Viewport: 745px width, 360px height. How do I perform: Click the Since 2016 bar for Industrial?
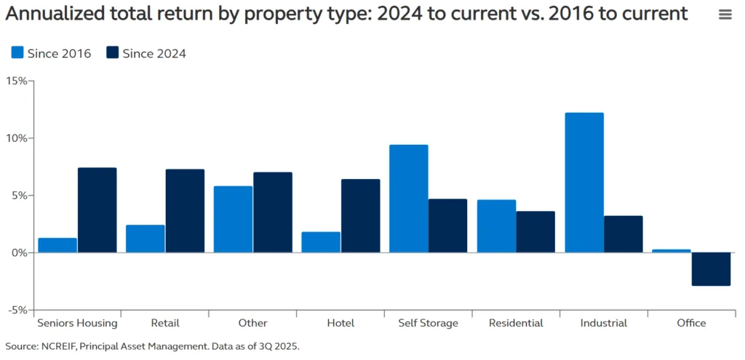[x=584, y=183]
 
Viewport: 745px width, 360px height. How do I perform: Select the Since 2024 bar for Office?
[x=711, y=269]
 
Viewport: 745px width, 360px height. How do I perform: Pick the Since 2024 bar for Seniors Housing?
[x=97, y=210]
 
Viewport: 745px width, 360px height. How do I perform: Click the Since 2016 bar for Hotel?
[x=321, y=242]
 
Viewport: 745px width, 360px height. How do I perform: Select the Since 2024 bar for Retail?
[x=185, y=211]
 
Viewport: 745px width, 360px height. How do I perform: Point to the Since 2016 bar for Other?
[x=233, y=220]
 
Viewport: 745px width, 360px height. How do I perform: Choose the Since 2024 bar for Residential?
[x=535, y=232]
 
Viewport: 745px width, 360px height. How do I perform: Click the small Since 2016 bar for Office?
[x=672, y=251]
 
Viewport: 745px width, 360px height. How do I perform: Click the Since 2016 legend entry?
[x=51, y=53]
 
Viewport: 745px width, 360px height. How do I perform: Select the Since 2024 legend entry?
[x=146, y=53]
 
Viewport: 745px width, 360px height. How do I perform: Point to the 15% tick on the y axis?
[x=16, y=81]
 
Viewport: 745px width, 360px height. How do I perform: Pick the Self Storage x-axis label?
[x=428, y=323]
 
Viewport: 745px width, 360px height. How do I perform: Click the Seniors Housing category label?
[x=78, y=323]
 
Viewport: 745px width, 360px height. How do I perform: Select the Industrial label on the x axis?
[x=604, y=323]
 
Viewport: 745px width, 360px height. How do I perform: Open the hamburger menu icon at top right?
[x=725, y=15]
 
